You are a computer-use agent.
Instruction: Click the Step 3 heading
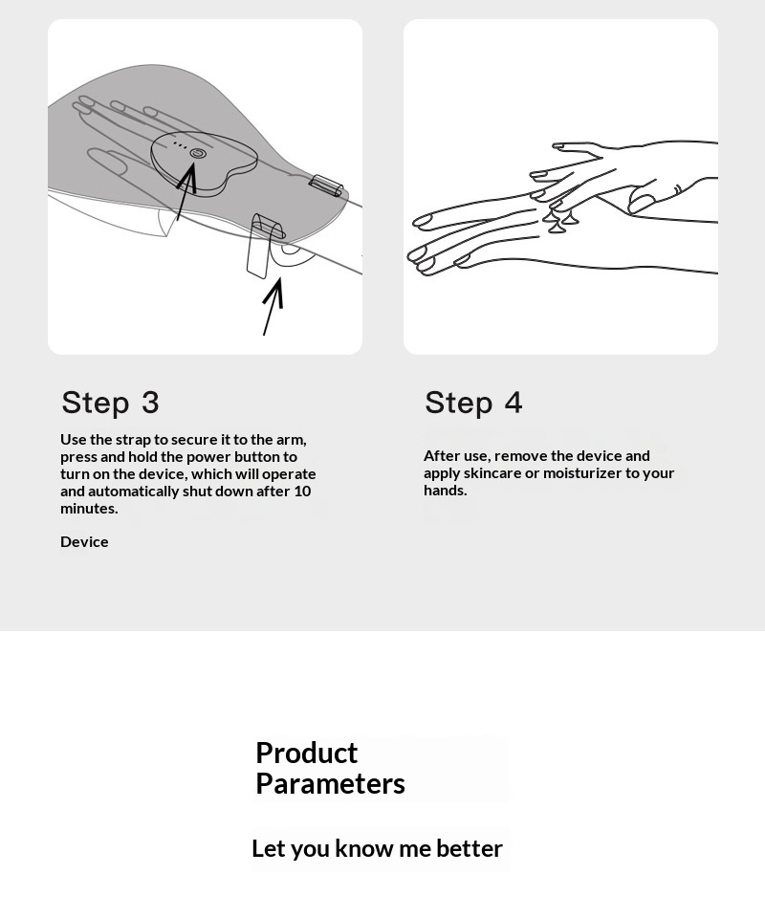[x=110, y=403]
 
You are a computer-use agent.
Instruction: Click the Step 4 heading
[x=473, y=403]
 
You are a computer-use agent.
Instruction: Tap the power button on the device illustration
[x=198, y=153]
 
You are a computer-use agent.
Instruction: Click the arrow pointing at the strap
[x=273, y=306]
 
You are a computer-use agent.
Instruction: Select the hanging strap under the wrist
[x=259, y=247]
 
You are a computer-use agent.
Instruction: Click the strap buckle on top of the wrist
[x=326, y=185]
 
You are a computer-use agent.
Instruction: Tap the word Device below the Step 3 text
[x=84, y=541]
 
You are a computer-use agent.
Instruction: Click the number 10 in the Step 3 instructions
[x=302, y=491]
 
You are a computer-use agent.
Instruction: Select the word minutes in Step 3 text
[x=89, y=508]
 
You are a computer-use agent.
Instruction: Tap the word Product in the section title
[x=306, y=753]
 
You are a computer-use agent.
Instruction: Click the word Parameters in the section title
[x=330, y=783]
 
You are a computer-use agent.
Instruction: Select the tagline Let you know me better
[x=377, y=848]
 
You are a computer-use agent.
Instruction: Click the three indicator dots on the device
[x=181, y=145]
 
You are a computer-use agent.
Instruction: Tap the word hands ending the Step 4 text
[x=445, y=491]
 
